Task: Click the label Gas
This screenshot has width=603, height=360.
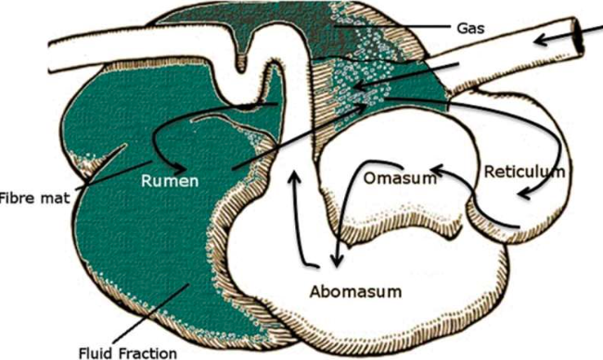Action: coord(470,28)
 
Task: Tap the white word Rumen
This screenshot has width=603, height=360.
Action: coord(170,180)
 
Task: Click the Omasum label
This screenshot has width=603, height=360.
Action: coord(400,178)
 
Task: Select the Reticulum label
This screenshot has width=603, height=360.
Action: coord(524,172)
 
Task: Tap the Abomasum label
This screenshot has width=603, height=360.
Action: coord(355,291)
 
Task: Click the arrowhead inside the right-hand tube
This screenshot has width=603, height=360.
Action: coord(542,39)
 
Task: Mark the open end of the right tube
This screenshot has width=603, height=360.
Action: coord(578,35)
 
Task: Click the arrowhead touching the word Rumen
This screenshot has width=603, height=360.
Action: coord(182,169)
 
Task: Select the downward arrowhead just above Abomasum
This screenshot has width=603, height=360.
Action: coord(337,263)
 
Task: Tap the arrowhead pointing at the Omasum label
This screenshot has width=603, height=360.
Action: coord(436,169)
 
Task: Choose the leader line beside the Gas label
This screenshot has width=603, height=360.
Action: coord(391,27)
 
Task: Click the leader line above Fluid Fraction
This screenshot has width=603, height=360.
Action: coord(150,315)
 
